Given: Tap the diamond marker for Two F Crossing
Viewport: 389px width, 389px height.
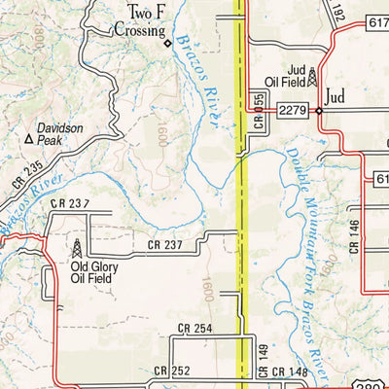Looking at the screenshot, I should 167,43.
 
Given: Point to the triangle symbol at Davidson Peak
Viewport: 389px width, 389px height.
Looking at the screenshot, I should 29,140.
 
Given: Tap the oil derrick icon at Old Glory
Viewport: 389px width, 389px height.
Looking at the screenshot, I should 77,247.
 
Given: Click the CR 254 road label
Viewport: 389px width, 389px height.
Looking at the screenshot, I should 194,330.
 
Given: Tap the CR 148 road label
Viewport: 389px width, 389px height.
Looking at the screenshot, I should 289,371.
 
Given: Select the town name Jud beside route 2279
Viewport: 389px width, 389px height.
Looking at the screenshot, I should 336,98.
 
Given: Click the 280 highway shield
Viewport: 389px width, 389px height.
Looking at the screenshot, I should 377,380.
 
